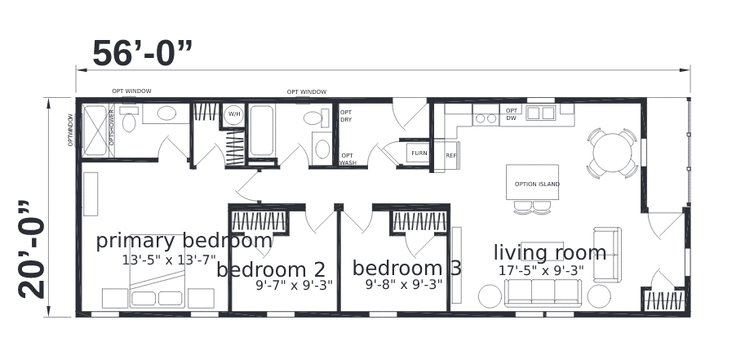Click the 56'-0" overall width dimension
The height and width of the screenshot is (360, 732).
[x=142, y=54]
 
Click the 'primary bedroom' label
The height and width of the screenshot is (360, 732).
[x=184, y=241]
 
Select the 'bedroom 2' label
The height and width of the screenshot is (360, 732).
[x=271, y=269]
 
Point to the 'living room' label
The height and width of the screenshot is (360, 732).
[x=549, y=252]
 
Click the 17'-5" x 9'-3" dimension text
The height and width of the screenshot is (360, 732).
[x=541, y=270]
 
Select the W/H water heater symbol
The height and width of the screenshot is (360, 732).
[x=233, y=113]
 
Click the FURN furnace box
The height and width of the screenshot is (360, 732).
[x=419, y=153]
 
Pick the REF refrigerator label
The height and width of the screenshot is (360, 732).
[x=450, y=155]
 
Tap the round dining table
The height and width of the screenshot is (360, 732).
[x=612, y=152]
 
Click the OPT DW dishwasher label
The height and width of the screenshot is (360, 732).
[x=511, y=114]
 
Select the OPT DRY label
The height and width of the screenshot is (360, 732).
[x=346, y=116]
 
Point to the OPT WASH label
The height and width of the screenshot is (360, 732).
[x=348, y=158]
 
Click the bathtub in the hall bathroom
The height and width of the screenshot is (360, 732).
[x=261, y=131]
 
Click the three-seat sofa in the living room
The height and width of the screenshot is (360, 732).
[x=543, y=291]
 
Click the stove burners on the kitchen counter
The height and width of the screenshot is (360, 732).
[x=486, y=118]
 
